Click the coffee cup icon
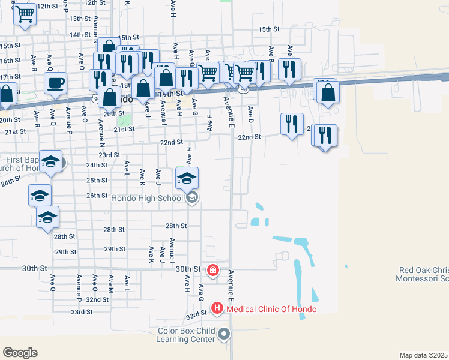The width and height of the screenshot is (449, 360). pos(56,83)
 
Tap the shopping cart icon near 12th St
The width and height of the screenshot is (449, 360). pos(25,13)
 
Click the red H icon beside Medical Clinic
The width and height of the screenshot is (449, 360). pos(217,309)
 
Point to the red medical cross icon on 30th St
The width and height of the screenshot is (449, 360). pos(212,271)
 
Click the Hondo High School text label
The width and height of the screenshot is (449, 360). pos(147,198)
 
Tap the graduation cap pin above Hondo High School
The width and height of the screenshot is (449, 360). pos(187,179)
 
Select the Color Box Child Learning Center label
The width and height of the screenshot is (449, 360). pos(186,335)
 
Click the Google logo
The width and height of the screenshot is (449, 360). pos(20,353)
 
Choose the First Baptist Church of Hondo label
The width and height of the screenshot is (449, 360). pos(21,164)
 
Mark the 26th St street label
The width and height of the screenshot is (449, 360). pos(97,196)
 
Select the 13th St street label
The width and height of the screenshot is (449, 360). pos(79,19)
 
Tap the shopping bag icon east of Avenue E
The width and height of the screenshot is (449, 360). pos(328,93)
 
